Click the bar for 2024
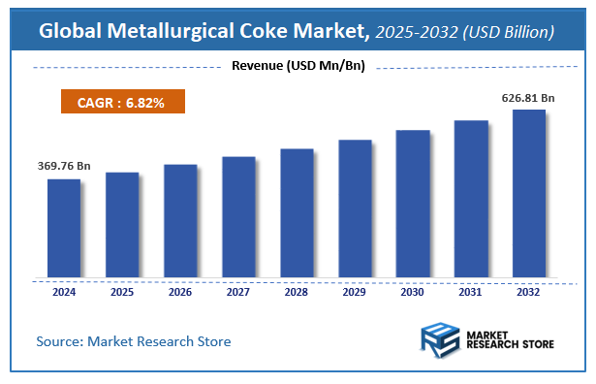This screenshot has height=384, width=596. tap(64, 229)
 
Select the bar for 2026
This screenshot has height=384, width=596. tap(180, 221)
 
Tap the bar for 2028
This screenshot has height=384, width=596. tap(297, 213)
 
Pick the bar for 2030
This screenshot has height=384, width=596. tap(413, 204)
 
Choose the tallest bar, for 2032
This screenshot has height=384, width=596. tap(529, 194)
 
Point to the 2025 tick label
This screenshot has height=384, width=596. tap(122, 291)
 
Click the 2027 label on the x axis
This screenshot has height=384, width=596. tap(238, 291)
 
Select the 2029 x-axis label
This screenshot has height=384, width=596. tap(355, 291)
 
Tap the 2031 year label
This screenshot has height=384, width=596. tap(471, 291)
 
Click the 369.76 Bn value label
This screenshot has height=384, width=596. tap(64, 167)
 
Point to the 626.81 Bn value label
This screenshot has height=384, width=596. tap(529, 98)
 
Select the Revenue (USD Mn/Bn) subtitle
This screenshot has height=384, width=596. tap(298, 66)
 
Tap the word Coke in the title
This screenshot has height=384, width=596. tap(268, 32)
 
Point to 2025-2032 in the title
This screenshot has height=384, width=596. tap(417, 32)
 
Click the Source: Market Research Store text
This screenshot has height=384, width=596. tap(134, 341)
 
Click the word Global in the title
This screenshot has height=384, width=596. tap(74, 32)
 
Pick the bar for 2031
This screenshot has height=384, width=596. tap(471, 199)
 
